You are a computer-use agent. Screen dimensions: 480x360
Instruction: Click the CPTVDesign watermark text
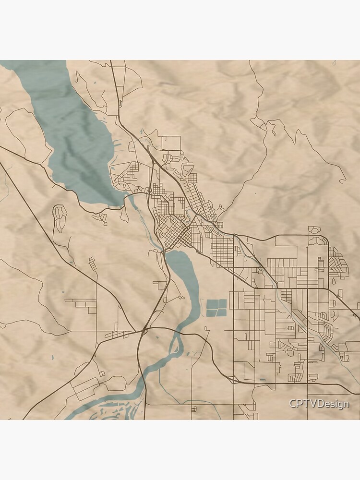[x=319, y=404]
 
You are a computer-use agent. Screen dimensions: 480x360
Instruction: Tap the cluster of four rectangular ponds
[x=216, y=308]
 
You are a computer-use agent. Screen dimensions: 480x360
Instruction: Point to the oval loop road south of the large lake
[x=60, y=219]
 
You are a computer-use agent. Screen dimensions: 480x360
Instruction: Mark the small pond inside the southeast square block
[x=262, y=380]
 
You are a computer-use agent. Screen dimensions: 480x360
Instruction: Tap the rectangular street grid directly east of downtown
[x=222, y=250]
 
